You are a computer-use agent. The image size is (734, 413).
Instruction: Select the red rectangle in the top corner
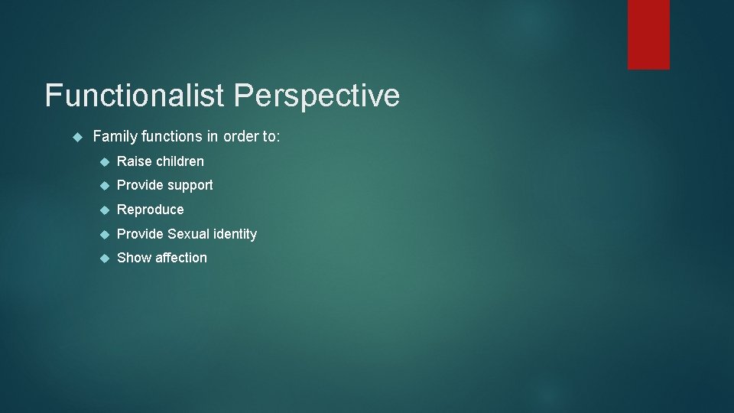click(x=648, y=34)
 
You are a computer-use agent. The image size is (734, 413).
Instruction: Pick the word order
click(x=241, y=136)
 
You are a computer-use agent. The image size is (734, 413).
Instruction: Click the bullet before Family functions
click(x=75, y=136)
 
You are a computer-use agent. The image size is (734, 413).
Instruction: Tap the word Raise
click(x=134, y=161)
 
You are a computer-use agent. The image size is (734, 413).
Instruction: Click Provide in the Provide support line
click(x=140, y=185)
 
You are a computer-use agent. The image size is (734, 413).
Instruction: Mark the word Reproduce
click(x=151, y=210)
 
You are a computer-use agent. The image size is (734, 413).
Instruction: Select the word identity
click(x=235, y=234)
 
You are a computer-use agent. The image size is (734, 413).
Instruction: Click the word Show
click(x=134, y=258)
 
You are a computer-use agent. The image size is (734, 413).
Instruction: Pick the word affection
click(x=181, y=258)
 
